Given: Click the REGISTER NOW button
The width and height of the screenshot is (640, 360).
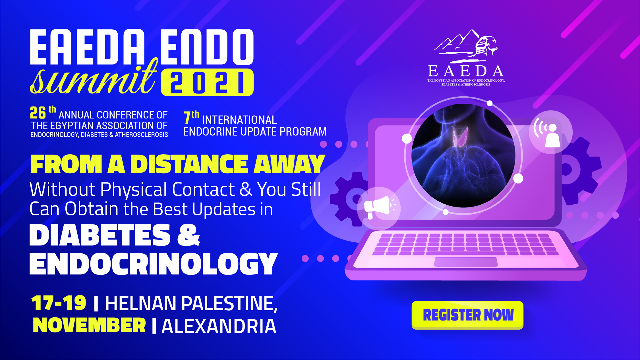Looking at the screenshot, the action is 467,315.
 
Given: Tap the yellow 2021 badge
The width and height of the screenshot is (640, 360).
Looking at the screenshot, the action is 207,82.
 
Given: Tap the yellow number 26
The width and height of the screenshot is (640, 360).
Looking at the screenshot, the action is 38,113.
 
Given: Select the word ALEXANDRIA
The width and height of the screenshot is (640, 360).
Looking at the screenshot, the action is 219,326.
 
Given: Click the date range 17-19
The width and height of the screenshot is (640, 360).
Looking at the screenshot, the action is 59,303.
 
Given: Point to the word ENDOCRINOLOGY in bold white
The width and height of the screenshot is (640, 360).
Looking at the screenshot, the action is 154,264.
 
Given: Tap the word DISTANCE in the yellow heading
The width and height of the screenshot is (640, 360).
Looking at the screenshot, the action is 189,164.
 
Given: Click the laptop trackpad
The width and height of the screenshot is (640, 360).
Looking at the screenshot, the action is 466,262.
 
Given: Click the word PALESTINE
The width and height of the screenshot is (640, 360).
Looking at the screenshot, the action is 229,304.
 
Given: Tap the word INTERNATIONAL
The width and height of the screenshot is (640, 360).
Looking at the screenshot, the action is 239,120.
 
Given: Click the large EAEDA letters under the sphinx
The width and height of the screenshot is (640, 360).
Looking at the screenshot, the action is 466,71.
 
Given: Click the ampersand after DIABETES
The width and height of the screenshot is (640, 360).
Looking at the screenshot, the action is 189,235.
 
